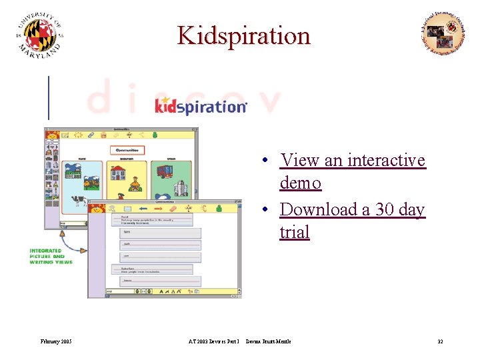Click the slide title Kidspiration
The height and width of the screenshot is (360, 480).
click(244, 35)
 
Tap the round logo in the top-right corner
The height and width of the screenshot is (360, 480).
click(442, 34)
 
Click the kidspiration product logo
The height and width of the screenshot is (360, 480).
click(201, 105)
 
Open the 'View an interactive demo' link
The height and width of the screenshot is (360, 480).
click(352, 171)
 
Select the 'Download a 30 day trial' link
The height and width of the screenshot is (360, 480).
click(352, 221)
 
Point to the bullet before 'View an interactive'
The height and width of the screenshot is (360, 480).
click(265, 161)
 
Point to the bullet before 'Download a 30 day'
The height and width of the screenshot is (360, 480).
click(265, 210)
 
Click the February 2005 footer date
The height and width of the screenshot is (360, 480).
click(56, 341)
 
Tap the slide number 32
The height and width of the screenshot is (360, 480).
click(440, 341)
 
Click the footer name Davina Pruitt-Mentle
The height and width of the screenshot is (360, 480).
click(268, 341)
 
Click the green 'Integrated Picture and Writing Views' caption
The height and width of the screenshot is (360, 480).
click(47, 257)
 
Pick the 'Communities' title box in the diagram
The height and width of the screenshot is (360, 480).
click(127, 151)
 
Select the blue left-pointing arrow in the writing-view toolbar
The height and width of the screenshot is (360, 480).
click(142, 209)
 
